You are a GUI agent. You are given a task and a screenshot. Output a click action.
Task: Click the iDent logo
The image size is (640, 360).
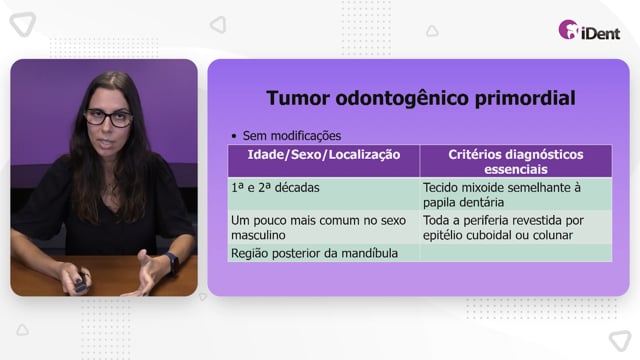pyautogui.click(x=589, y=30)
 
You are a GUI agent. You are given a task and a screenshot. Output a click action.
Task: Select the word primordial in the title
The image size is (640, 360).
pyautogui.click(x=525, y=98)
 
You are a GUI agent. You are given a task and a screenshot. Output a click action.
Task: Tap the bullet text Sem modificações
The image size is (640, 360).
pyautogui.click(x=291, y=136)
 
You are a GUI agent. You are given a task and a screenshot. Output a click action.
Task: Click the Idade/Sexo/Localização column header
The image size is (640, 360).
pyautogui.click(x=324, y=155)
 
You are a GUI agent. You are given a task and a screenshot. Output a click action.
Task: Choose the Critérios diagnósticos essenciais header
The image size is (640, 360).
pyautogui.click(x=516, y=162)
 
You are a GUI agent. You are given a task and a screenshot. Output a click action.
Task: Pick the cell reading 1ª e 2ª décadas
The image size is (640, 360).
pyautogui.click(x=324, y=194)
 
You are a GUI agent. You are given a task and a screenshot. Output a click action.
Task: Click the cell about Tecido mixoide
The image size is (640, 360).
pyautogui.click(x=516, y=194)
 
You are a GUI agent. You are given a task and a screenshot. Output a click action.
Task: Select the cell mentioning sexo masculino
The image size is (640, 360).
pyautogui.click(x=324, y=227)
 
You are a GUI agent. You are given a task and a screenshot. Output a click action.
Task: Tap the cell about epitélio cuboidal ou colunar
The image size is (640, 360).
pyautogui.click(x=516, y=227)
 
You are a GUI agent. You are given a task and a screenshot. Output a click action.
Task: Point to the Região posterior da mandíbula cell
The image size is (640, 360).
pyautogui.click(x=324, y=253)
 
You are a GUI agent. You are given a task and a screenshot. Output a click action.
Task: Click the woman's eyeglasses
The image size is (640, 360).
pyautogui.click(x=108, y=118)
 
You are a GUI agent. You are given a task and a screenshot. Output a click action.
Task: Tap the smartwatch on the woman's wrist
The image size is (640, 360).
pyautogui.click(x=172, y=262)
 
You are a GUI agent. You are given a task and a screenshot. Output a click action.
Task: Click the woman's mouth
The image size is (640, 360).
pyautogui.click(x=107, y=144)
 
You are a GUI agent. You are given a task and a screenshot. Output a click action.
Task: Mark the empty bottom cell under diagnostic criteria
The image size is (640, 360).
pyautogui.click(x=516, y=253)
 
